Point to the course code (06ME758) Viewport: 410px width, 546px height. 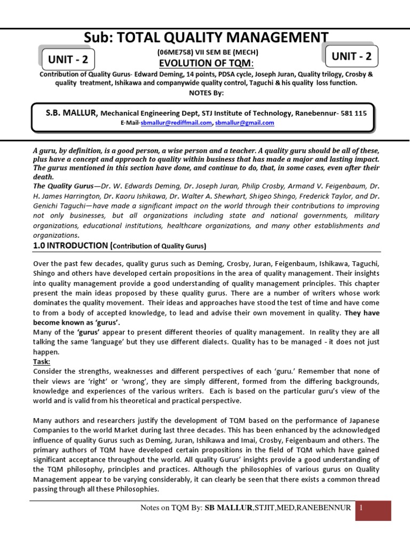click(174, 53)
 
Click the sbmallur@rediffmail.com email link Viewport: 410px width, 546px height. click(176, 123)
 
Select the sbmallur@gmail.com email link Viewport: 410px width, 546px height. click(245, 123)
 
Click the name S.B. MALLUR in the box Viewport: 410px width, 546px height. click(72, 113)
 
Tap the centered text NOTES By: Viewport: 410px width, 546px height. click(205, 93)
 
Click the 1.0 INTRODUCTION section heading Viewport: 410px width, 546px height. click(72, 245)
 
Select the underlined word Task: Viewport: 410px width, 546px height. click(42, 361)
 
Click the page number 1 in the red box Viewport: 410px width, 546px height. click(361, 508)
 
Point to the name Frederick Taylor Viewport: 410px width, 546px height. click(320, 196)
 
